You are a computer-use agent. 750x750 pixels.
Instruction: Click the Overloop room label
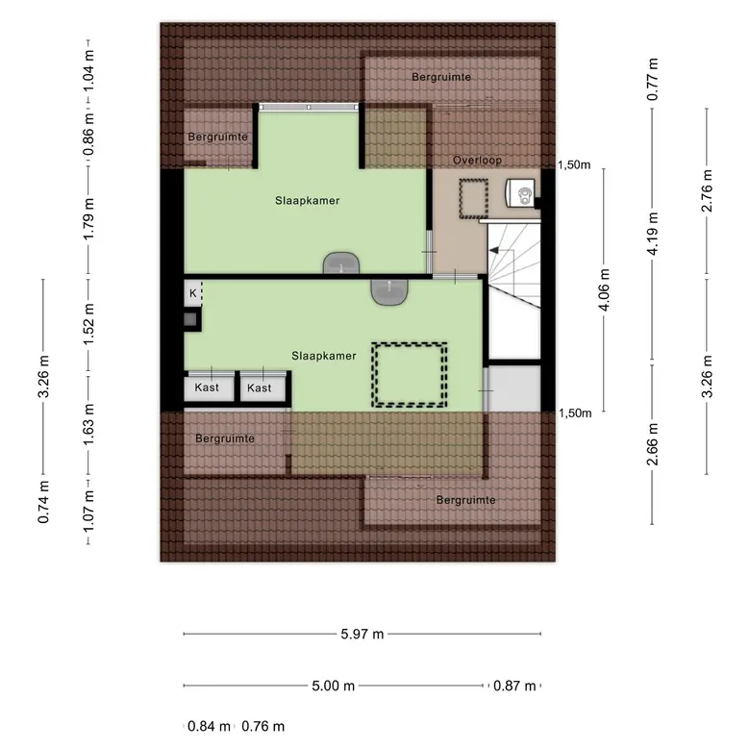[x=477, y=161]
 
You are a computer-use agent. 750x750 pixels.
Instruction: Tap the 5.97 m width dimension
[x=362, y=634]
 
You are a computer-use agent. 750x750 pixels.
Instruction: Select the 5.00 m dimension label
[x=334, y=686]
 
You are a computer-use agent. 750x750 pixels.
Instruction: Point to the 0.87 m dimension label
[x=514, y=686]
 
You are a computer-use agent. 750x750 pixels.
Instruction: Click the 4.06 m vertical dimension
[x=604, y=289]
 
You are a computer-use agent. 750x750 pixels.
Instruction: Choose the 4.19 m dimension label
[x=653, y=234]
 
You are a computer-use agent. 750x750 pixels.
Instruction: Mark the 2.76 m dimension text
[x=707, y=190]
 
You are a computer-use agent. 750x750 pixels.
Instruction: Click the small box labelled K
[x=193, y=293]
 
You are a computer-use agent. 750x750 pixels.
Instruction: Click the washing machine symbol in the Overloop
[x=520, y=192]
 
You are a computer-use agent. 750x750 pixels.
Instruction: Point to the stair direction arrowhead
[x=493, y=250]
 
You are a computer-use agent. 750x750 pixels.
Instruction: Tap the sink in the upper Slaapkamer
[x=341, y=262]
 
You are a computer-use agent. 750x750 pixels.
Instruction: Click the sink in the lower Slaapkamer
[x=389, y=291]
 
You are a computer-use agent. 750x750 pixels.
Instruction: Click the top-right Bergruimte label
[x=441, y=77]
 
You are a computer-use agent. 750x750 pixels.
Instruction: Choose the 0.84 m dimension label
[x=209, y=726]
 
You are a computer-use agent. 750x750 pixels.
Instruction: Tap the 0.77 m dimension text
[x=653, y=80]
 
